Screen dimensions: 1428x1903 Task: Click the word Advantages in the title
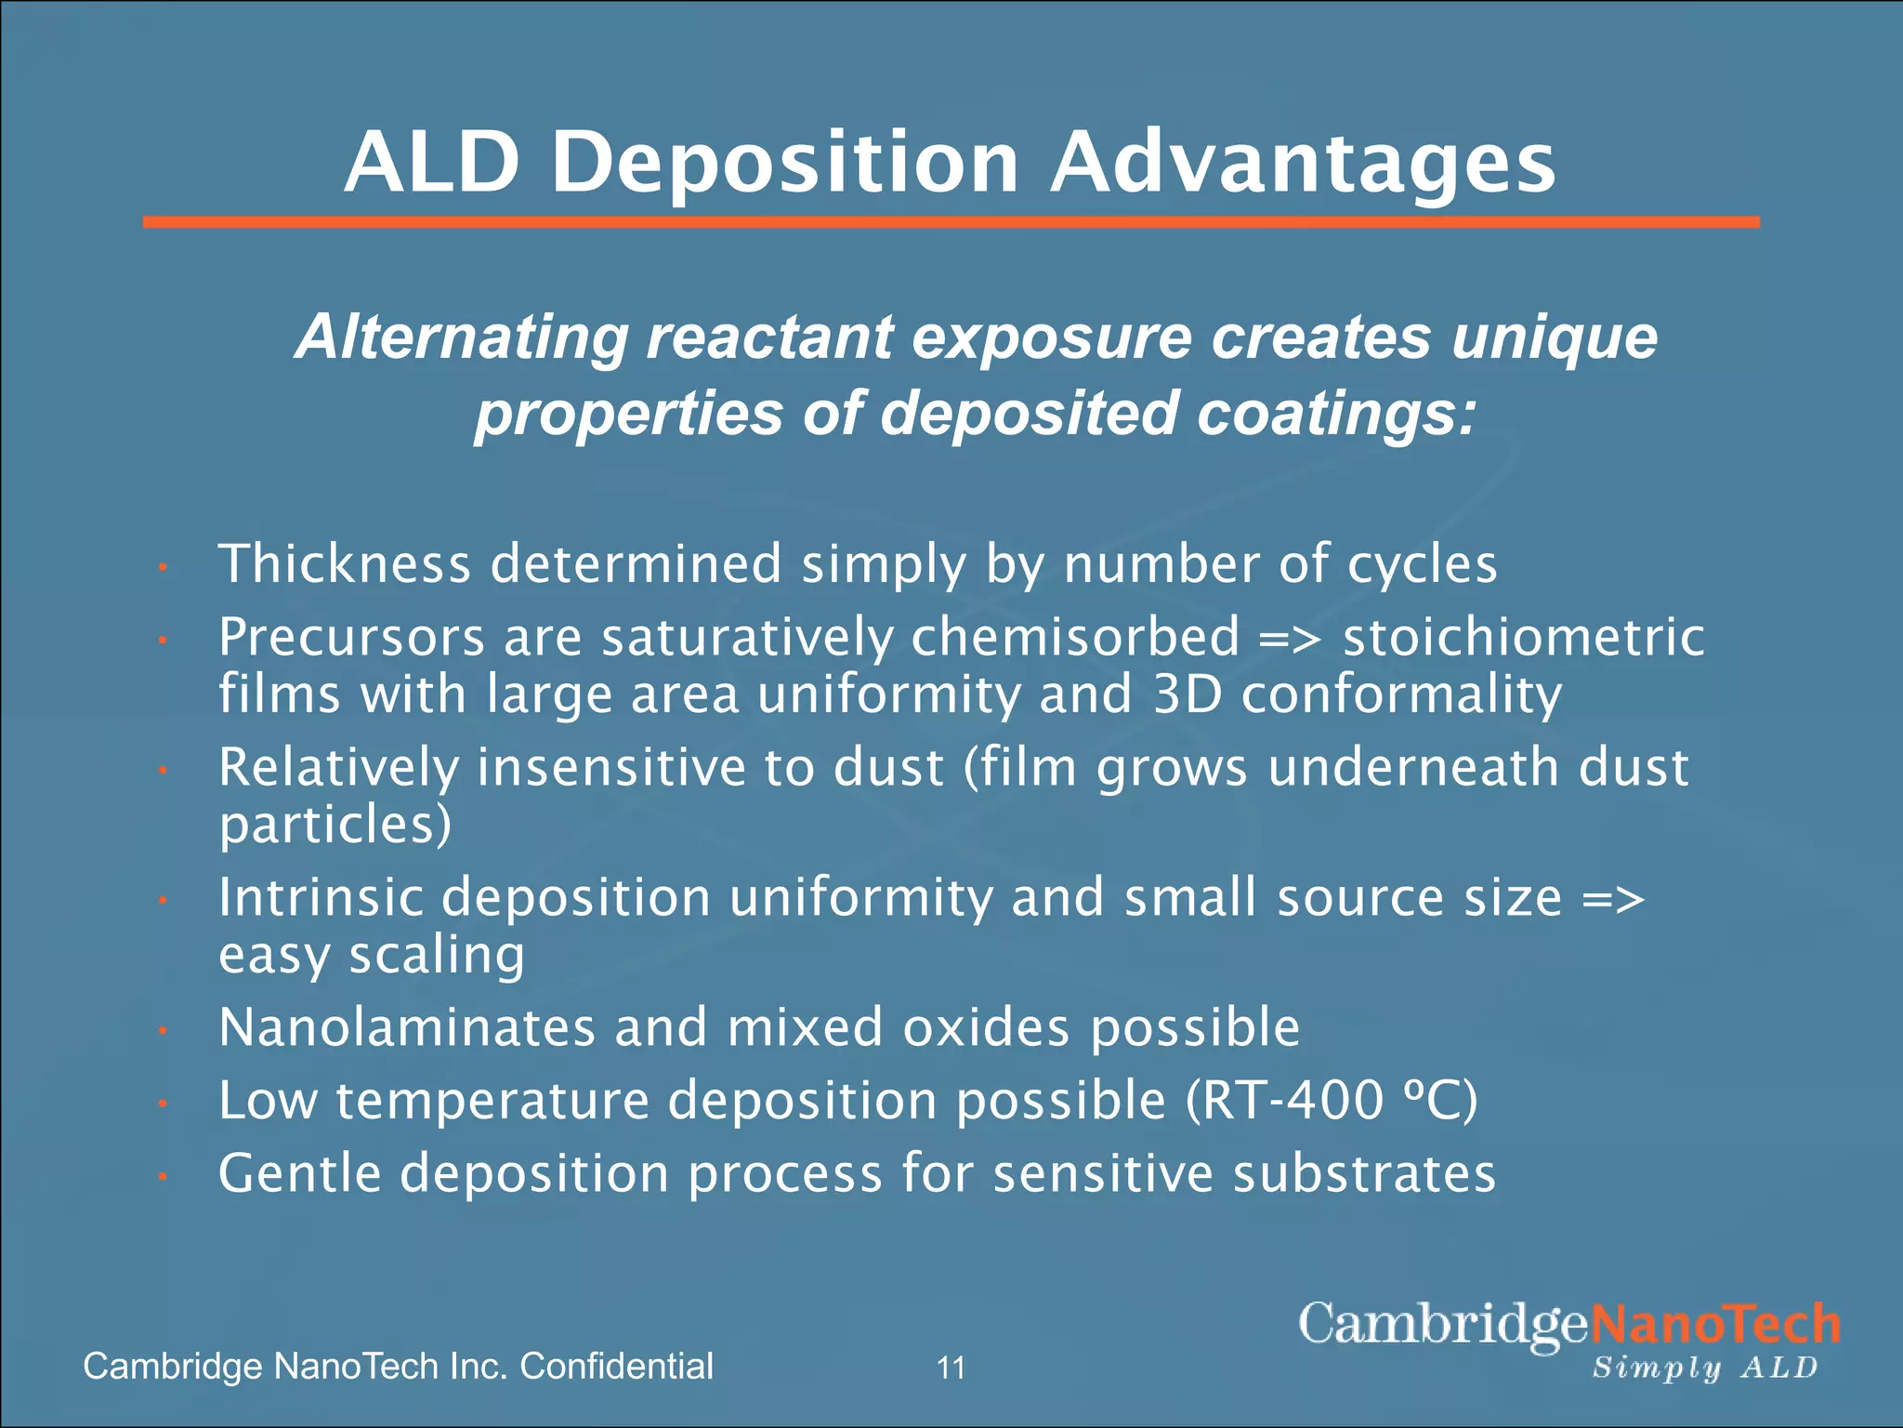tap(1303, 164)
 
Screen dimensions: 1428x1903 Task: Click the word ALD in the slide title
tap(431, 164)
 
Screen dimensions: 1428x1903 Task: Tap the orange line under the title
tap(951, 222)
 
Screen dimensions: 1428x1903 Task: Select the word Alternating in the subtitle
tap(461, 337)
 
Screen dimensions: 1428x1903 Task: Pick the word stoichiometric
tap(1524, 638)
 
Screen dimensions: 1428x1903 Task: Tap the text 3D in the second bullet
tap(1187, 694)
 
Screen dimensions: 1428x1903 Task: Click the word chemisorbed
tap(1075, 638)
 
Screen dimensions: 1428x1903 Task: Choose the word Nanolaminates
tap(407, 1027)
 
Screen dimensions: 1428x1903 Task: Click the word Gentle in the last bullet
tap(299, 1173)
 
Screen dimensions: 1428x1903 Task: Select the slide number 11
tap(951, 1368)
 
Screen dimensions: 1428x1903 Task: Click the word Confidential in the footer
tap(616, 1367)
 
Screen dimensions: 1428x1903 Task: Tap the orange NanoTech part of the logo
tap(1715, 1325)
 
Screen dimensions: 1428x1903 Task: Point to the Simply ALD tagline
tap(1705, 1368)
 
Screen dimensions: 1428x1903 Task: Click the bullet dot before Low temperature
tap(162, 1104)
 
